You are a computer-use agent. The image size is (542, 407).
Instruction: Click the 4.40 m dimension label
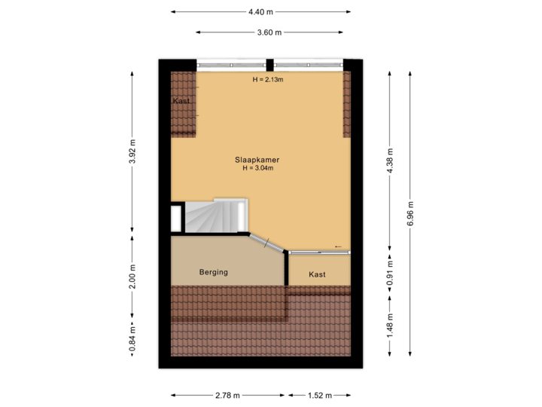[260, 11]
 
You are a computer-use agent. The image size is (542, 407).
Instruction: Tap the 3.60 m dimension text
[269, 32]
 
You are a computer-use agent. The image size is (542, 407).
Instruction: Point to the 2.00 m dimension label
[132, 275]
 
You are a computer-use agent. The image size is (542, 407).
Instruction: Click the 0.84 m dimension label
[132, 338]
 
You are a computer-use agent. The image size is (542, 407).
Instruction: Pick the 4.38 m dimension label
[389, 161]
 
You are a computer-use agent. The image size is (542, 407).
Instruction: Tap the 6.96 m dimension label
[410, 213]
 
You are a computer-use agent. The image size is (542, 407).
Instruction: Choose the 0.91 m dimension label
[389, 272]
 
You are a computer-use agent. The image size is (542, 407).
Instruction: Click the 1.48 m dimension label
[389, 326]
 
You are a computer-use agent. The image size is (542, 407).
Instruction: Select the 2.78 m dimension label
[228, 395]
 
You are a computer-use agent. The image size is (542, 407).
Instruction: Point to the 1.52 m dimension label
[318, 395]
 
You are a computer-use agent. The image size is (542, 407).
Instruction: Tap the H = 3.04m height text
[257, 169]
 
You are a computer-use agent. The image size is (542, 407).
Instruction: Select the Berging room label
[213, 272]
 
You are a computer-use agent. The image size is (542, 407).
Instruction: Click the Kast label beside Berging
[317, 274]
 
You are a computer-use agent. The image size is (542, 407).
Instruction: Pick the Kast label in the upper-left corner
[181, 101]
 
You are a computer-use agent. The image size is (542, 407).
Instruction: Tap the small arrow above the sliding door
[338, 246]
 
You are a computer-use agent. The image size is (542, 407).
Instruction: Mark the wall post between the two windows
[269, 64]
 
